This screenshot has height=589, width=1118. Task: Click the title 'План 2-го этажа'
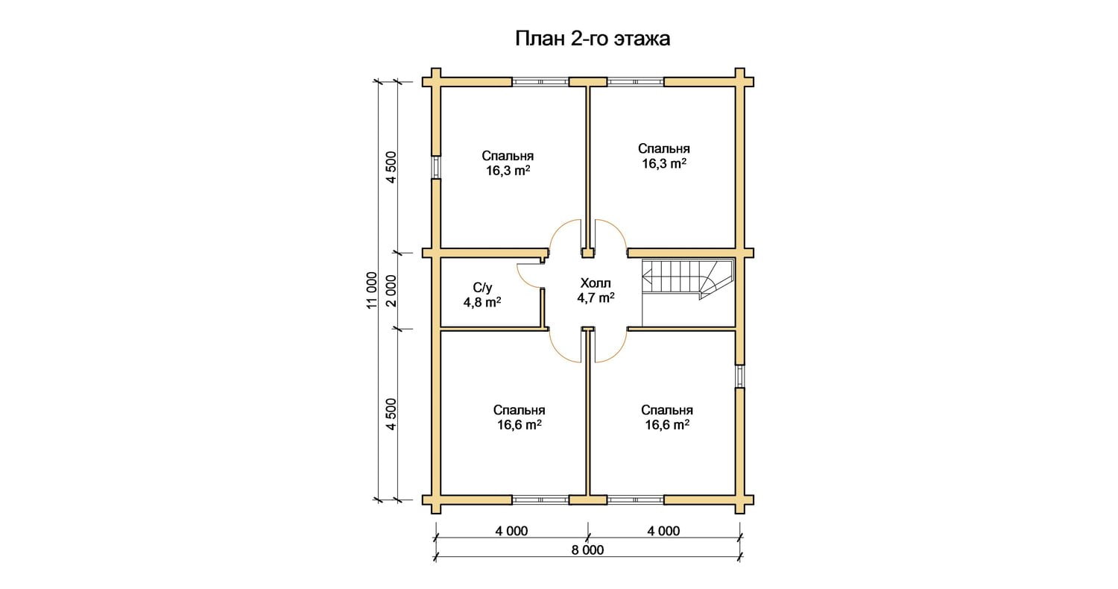pos(593,39)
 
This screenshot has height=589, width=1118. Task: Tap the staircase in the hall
pos(688,280)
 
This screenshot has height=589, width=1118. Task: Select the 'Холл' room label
pos(596,283)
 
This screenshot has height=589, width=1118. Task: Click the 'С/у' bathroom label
pos(483,288)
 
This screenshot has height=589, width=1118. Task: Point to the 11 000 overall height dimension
pos(373,290)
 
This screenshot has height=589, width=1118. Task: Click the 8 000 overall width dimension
pos(587,550)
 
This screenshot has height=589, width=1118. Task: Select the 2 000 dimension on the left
pos(392,291)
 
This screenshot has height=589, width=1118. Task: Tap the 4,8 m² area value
pos(482,303)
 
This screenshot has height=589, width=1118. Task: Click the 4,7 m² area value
pos(596,298)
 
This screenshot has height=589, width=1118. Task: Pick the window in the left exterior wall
pos(436,167)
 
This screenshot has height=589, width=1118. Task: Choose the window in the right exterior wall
pos(740,377)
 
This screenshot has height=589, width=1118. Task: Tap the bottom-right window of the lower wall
pos(635,500)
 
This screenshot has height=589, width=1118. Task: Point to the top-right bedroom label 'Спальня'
pos(664,149)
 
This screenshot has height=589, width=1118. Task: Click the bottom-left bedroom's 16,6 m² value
pos(519,425)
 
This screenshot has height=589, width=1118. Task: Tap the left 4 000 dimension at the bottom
pos(511,531)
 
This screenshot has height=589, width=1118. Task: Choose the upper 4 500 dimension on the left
pos(392,167)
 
